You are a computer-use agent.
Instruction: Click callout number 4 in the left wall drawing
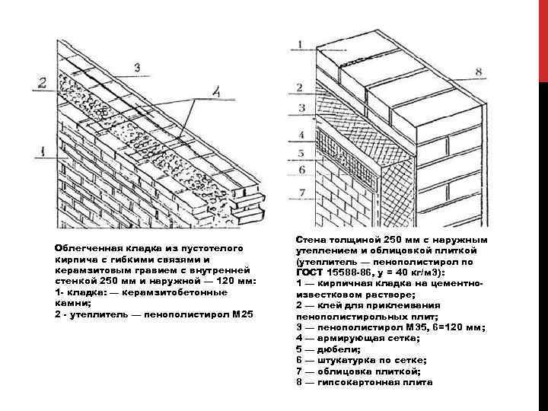coord(217,92)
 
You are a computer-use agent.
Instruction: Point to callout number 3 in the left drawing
coord(137,68)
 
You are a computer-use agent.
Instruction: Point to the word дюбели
coord(333,348)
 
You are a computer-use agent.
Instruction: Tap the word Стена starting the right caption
coord(311,238)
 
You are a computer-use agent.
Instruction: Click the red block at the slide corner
coord(543,38)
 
